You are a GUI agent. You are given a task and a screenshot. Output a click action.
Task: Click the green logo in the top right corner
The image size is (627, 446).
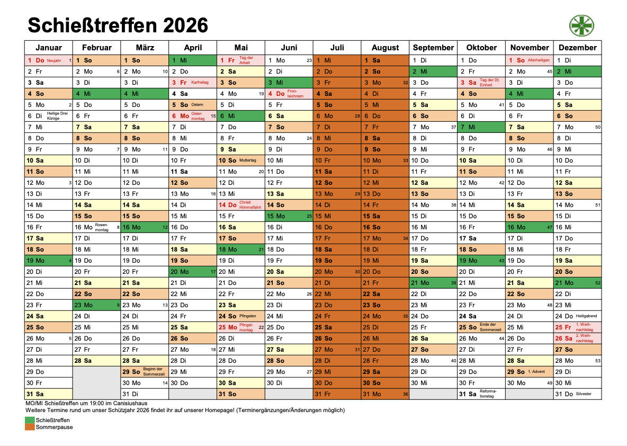click(581, 25)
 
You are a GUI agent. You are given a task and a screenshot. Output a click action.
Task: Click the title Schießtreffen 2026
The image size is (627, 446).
click(118, 25)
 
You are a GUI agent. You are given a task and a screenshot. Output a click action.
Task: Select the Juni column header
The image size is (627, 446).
click(289, 47)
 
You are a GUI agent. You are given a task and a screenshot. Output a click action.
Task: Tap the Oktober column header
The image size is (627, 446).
click(481, 47)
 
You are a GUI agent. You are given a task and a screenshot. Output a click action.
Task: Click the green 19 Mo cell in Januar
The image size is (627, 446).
click(48, 261)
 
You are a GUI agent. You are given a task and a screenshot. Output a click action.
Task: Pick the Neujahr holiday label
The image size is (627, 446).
click(54, 60)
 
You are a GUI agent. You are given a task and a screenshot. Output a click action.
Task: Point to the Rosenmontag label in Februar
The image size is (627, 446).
click(102, 227)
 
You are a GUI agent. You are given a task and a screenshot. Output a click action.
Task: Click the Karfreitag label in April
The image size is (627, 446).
click(200, 83)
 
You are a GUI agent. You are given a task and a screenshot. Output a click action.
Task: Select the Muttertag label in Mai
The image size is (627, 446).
click(247, 160)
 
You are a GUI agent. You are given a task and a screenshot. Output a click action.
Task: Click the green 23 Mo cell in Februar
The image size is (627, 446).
click(96, 305)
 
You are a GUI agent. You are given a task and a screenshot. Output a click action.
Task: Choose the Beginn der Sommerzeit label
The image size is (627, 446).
click(153, 372)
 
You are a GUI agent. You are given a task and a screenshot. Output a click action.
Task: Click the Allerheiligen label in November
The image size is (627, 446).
click(539, 60)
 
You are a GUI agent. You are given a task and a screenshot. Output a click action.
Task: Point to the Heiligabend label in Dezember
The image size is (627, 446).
click(586, 316)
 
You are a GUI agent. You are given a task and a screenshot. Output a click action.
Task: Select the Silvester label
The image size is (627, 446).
click(584, 394)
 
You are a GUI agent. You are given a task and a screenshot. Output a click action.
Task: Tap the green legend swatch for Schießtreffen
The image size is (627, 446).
click(30, 420)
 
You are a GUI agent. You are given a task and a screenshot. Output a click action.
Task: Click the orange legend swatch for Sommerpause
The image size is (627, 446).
click(30, 427)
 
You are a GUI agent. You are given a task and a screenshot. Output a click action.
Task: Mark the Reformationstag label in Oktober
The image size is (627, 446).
click(488, 394)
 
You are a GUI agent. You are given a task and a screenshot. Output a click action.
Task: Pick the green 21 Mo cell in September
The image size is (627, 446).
click(433, 283)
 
